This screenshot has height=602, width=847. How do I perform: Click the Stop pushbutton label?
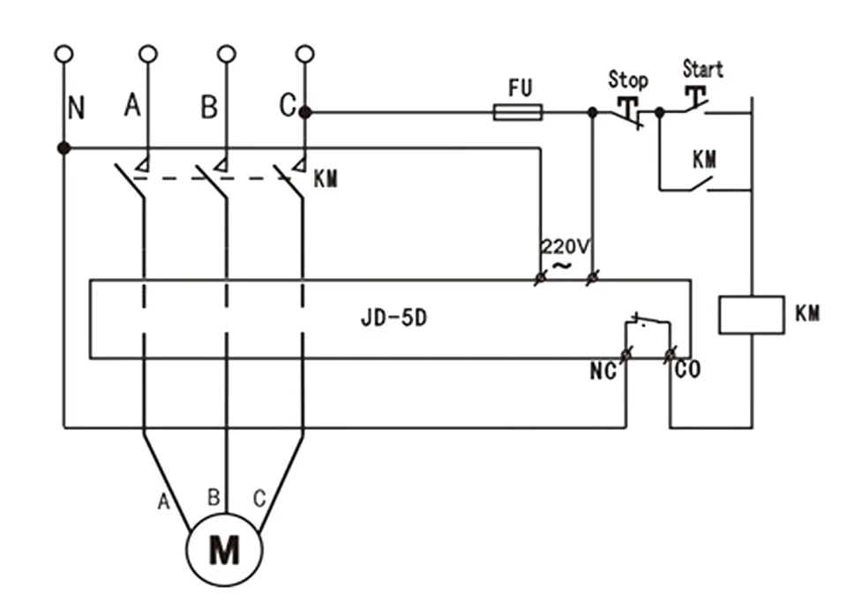point(627,79)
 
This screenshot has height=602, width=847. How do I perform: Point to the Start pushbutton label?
point(703,69)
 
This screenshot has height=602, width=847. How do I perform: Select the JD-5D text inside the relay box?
point(394,318)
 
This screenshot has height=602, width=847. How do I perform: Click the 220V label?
point(565,246)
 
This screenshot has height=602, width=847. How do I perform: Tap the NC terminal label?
point(603,372)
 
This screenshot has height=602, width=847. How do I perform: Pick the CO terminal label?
point(687,370)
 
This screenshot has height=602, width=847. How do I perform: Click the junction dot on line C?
point(305,112)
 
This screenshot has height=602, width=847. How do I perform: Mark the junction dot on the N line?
point(64,147)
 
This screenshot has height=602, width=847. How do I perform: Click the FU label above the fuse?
point(521,88)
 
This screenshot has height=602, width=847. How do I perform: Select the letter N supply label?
point(76,108)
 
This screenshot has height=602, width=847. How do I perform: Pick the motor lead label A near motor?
point(163,502)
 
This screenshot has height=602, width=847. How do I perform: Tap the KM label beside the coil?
point(807,312)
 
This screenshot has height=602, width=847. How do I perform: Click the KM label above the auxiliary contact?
point(705,160)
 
